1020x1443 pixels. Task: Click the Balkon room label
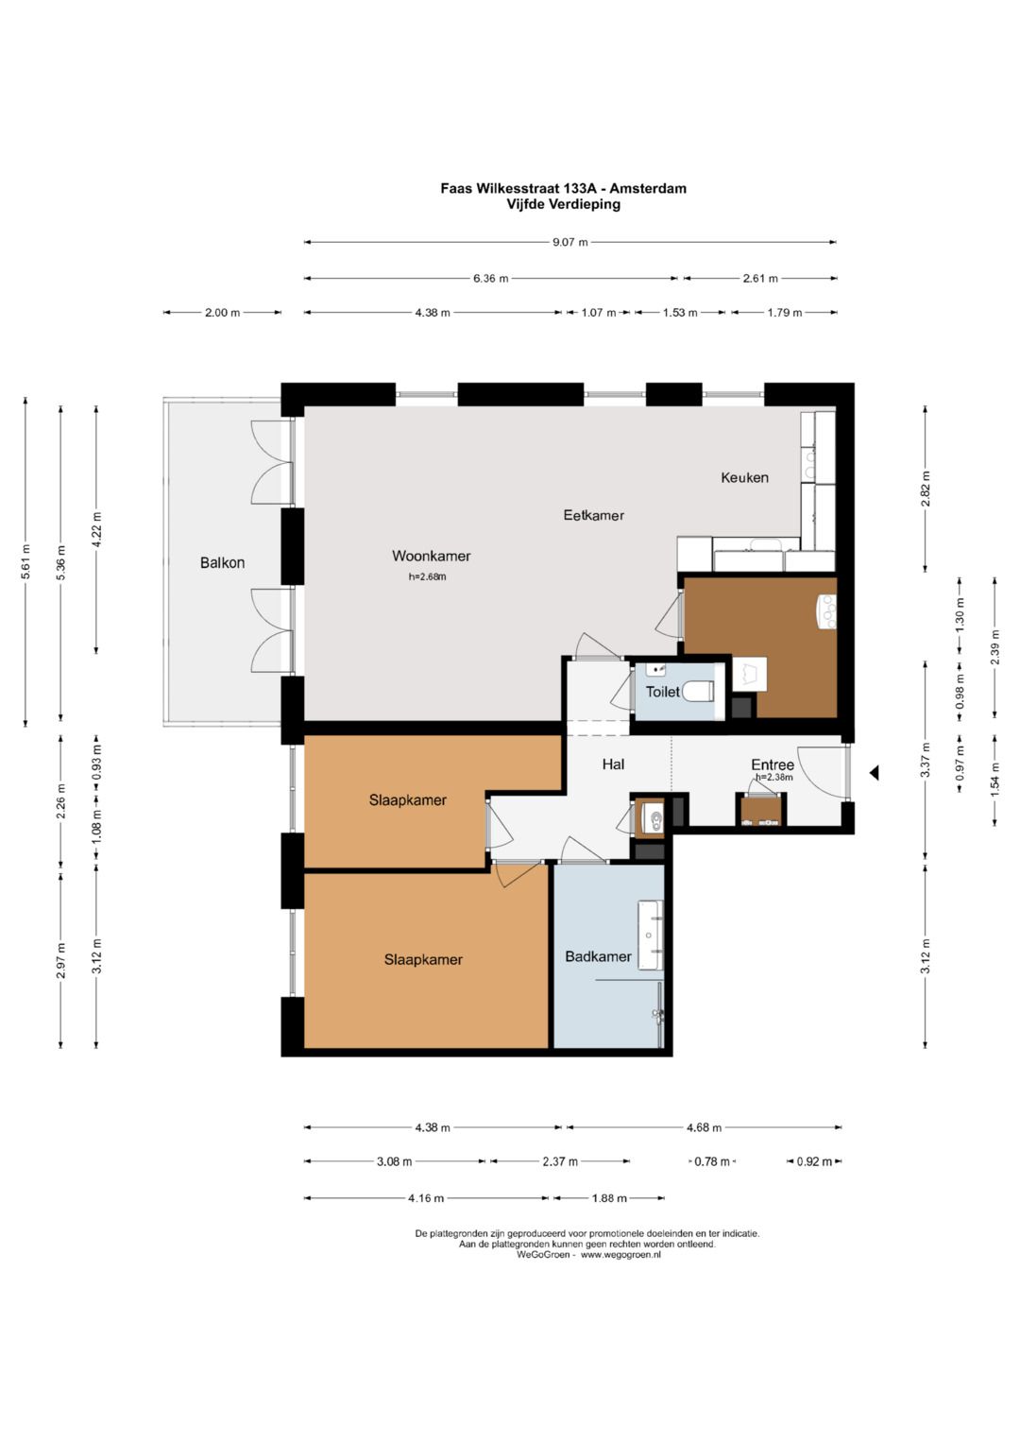[222, 562]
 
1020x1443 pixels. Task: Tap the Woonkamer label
[431, 556]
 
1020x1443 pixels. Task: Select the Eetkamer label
[593, 515]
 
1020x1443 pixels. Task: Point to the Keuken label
[744, 477]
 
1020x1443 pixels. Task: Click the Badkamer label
[598, 956]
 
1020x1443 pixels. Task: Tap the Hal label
[613, 764]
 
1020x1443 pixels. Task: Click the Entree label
[773, 764]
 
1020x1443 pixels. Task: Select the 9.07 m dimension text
[569, 242]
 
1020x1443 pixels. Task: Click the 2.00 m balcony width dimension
[222, 313]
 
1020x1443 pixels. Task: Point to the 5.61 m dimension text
[25, 561]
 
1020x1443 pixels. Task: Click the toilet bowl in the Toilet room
[698, 692]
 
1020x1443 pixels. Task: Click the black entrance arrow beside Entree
[874, 772]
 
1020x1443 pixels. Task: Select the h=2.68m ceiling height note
[427, 576]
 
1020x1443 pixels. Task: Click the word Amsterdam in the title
[648, 189]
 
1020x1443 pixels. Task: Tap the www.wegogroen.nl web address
[620, 1255]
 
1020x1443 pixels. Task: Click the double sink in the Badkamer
[650, 935]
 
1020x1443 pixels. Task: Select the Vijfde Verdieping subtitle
[563, 204]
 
